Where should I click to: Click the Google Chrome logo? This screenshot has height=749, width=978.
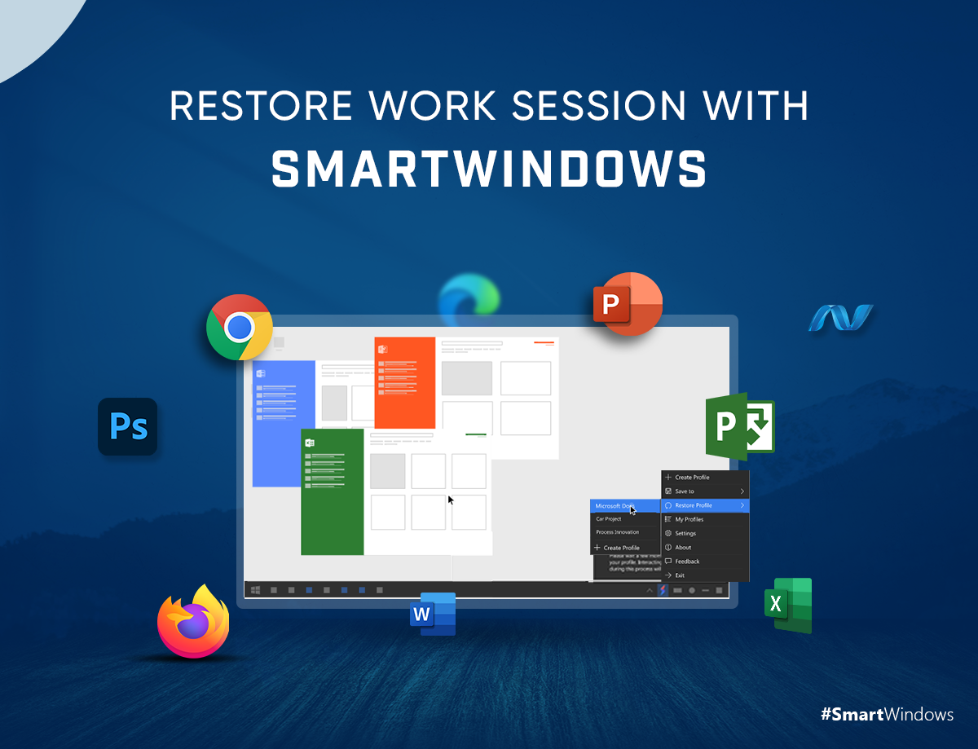tap(240, 327)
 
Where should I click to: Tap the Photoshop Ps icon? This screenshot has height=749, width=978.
tap(128, 426)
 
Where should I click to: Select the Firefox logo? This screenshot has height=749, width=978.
tap(193, 622)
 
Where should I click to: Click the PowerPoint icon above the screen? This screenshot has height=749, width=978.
tap(627, 304)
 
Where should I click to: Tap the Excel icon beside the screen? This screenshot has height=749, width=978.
tap(788, 605)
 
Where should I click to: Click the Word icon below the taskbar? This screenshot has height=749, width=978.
tap(433, 615)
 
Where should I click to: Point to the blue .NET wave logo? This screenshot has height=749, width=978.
tap(840, 318)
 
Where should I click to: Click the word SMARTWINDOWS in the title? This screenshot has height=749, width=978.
tap(488, 170)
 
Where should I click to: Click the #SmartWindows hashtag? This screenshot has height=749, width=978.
tap(887, 715)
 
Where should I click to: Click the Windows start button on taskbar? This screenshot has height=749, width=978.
tap(256, 589)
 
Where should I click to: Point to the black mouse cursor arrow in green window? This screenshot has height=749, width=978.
tap(451, 500)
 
